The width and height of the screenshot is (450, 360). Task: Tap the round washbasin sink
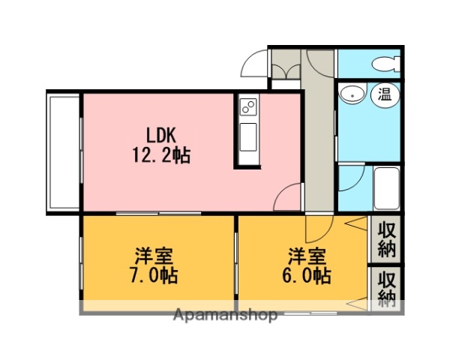(x=352, y=95)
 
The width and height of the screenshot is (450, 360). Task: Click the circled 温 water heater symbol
(x=385, y=94)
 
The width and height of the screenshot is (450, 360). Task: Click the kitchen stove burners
(x=248, y=106)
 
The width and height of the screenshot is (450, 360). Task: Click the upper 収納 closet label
(x=387, y=238)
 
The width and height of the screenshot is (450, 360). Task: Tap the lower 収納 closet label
(x=387, y=288)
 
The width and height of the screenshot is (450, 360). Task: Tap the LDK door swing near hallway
(x=289, y=199)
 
